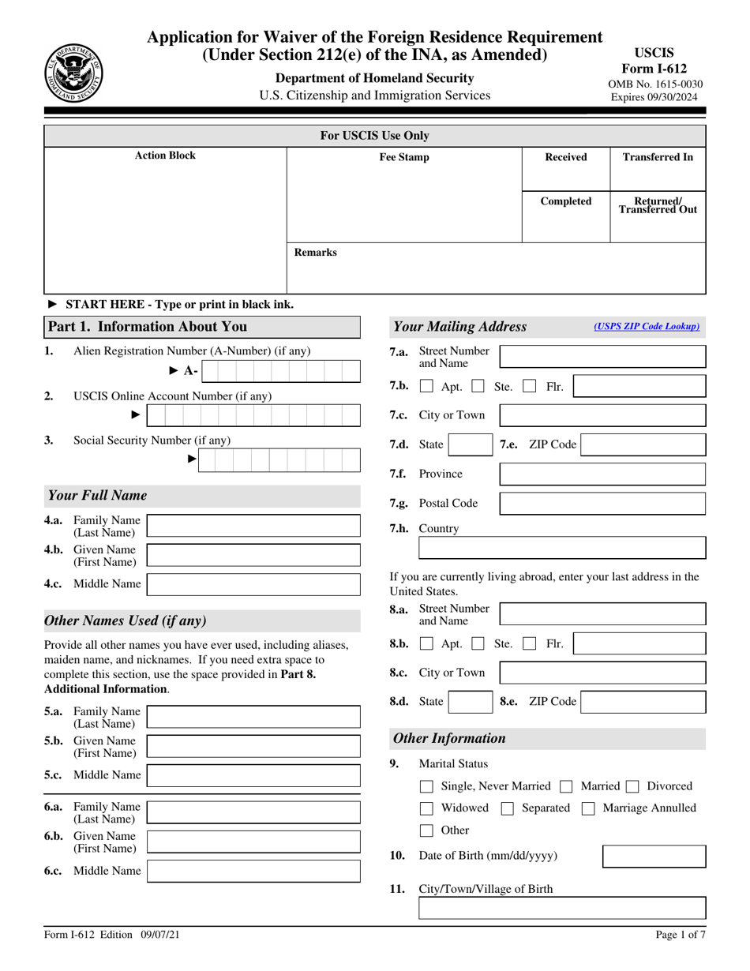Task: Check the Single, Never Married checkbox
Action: [x=426, y=786]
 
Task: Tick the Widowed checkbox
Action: [x=426, y=808]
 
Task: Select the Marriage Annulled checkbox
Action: [x=588, y=808]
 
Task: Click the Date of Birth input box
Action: [x=654, y=857]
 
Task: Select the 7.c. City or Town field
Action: [x=602, y=415]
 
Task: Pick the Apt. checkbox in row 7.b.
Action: [x=426, y=387]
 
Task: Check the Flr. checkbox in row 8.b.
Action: [x=531, y=644]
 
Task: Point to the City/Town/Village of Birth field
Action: [x=561, y=912]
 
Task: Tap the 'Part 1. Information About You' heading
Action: [x=148, y=327]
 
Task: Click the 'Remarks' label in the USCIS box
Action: [x=315, y=253]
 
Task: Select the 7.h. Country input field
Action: [x=561, y=548]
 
